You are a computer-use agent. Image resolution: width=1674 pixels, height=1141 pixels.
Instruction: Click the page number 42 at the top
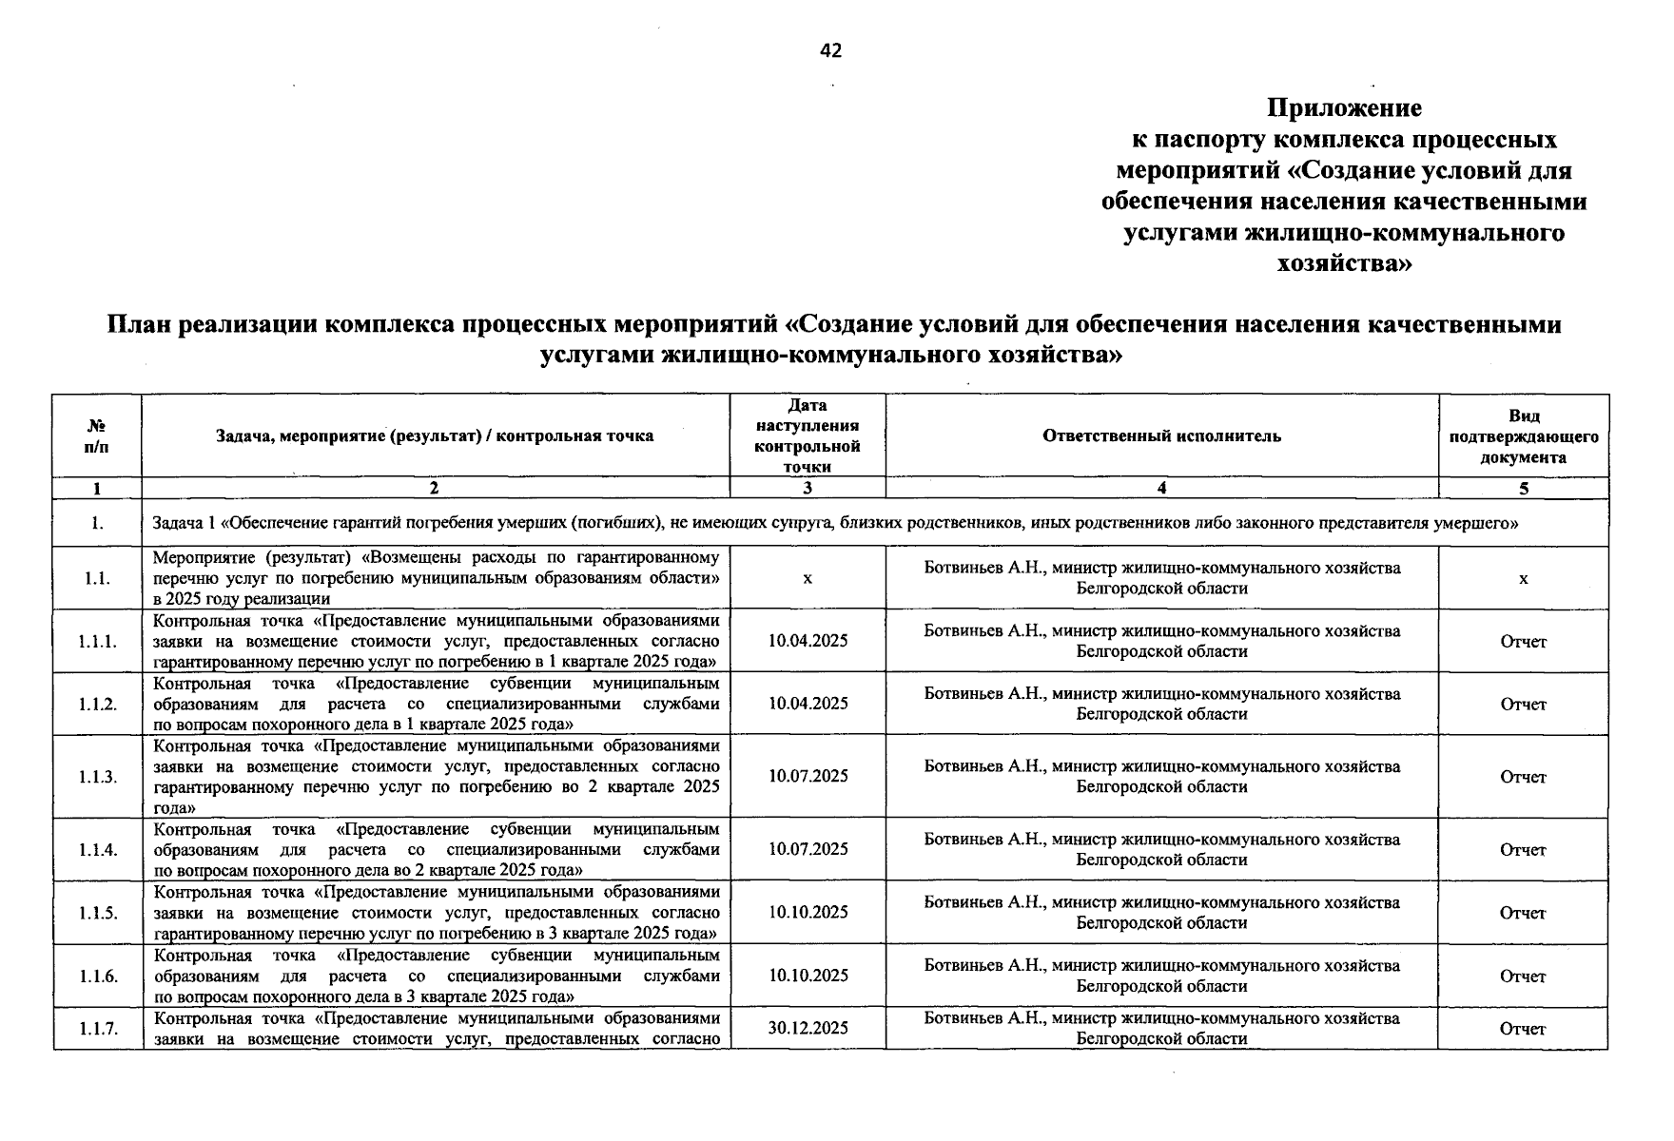[830, 50]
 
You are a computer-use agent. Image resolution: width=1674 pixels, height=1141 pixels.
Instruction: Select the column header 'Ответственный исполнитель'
[1161, 435]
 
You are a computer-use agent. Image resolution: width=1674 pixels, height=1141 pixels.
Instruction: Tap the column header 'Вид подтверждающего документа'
[1523, 435]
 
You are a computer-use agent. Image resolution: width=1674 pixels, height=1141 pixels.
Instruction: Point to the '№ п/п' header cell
[97, 435]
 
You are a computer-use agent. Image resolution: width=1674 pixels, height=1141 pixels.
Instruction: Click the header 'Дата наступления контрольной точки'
[808, 435]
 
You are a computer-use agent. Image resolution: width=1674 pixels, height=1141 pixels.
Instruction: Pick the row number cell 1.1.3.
[98, 777]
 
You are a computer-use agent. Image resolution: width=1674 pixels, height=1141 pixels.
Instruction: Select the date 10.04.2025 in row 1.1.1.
[808, 641]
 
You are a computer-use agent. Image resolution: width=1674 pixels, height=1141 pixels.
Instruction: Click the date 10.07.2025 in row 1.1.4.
[808, 849]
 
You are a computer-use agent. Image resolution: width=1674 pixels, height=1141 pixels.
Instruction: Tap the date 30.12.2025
[808, 1028]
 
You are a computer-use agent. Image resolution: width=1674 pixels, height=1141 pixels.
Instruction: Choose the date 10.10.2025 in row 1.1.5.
[808, 912]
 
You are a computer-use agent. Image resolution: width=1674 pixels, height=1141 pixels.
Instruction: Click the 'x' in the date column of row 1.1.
[808, 578]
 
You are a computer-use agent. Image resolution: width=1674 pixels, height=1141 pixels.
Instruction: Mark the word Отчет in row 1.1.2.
[1523, 705]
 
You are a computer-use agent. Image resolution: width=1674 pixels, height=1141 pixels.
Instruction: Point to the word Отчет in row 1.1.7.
[1523, 1029]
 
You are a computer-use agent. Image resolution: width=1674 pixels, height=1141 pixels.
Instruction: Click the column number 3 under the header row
[808, 489]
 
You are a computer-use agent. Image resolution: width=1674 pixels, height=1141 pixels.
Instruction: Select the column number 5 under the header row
[1523, 489]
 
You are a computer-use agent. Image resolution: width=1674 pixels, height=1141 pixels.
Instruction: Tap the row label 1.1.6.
[98, 976]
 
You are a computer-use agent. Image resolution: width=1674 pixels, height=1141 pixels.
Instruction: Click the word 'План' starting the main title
[140, 325]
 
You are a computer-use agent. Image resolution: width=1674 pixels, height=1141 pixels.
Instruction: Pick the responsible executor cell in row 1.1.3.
[1161, 777]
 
